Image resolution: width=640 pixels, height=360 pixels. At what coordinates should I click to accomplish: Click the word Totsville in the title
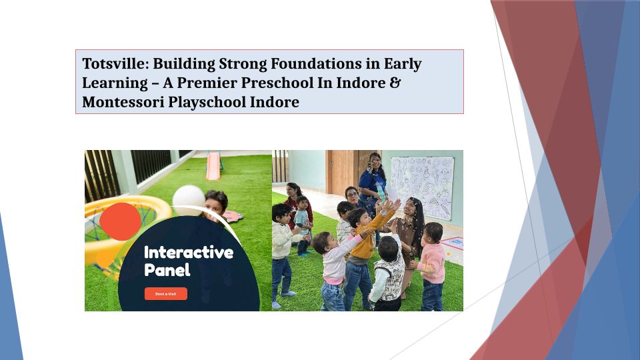(116, 64)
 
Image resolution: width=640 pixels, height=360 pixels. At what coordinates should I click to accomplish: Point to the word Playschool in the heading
(207, 102)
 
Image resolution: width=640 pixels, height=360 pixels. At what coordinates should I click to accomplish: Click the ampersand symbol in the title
(395, 83)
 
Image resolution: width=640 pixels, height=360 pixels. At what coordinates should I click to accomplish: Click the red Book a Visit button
(166, 294)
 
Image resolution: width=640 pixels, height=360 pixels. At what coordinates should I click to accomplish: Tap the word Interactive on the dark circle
(189, 252)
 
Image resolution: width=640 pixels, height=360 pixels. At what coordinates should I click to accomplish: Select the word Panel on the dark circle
(167, 270)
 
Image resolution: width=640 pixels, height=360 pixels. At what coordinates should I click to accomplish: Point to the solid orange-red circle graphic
(121, 221)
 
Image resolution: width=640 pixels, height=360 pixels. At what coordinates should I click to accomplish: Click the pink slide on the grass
(213, 165)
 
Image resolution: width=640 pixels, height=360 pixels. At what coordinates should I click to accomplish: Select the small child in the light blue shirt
(303, 225)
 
